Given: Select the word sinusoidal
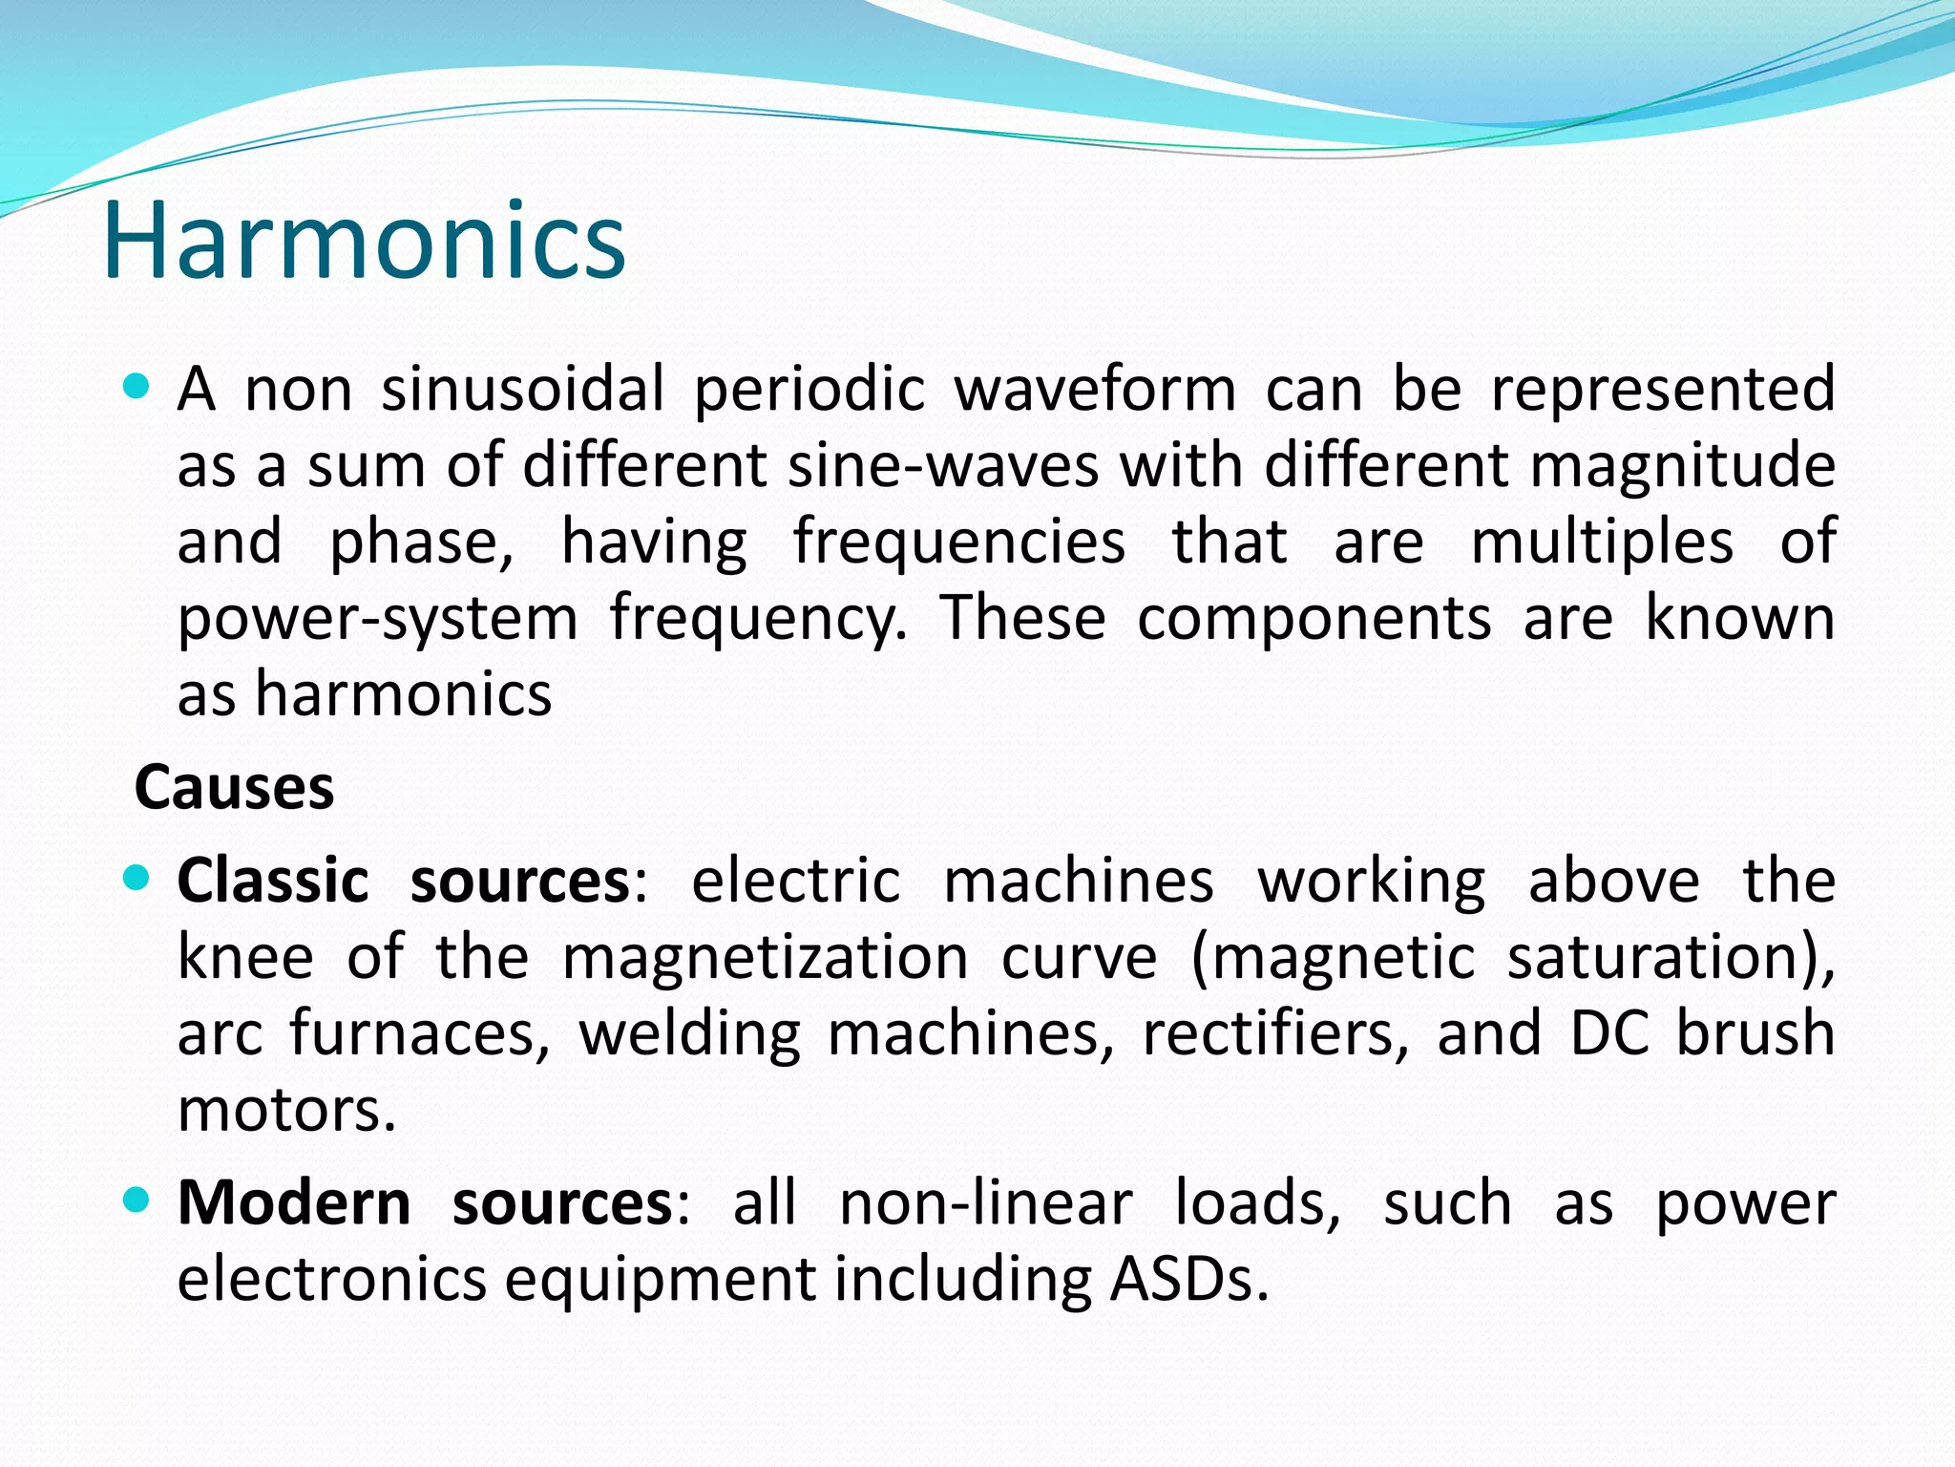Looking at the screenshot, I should [523, 390].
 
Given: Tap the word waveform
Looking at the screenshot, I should [1095, 390].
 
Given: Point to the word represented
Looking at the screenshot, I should [1663, 390].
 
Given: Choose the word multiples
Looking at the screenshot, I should [1602, 542].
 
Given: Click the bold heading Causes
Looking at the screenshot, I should [235, 788].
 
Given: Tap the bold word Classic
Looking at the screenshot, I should [273, 880].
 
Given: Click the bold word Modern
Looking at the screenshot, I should [294, 1202].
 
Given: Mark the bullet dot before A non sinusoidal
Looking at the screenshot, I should [137, 387].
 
